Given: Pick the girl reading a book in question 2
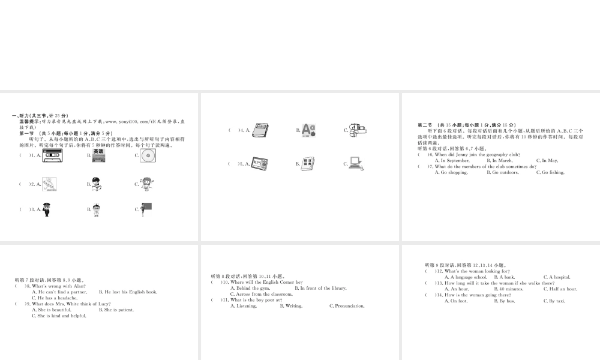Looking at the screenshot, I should (x=97, y=184).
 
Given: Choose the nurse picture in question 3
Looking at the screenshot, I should (x=97, y=209).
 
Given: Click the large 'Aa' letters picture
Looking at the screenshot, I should (x=308, y=130).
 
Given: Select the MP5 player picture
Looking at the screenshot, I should (x=260, y=163).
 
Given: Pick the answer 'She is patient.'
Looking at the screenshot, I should (x=119, y=310).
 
